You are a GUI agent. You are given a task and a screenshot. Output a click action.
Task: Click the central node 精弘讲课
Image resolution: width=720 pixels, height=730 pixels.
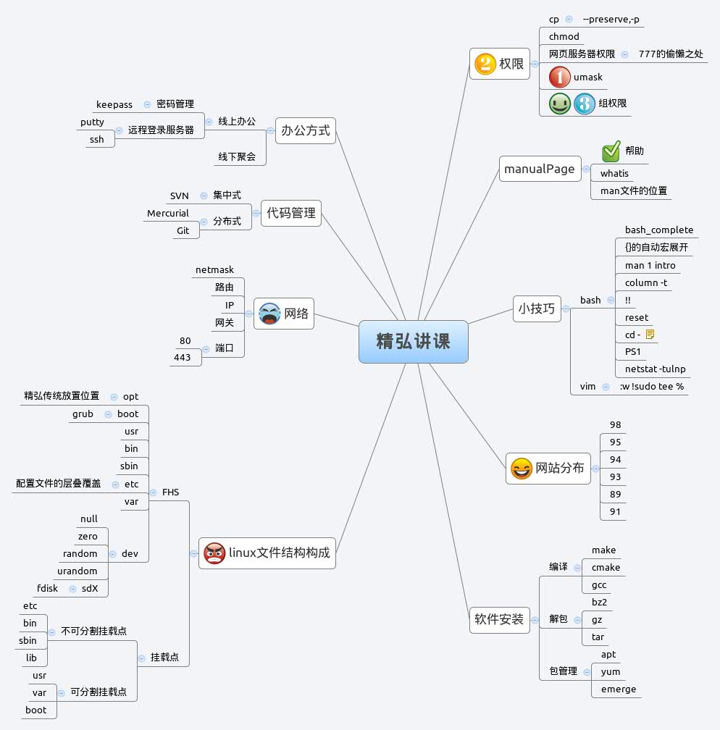[x=413, y=342]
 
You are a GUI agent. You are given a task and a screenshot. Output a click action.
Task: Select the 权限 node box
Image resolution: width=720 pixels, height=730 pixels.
[x=500, y=64]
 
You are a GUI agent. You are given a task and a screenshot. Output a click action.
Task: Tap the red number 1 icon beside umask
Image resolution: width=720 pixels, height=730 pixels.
[x=560, y=77]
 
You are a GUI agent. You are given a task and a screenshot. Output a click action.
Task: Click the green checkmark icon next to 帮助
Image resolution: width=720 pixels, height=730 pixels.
[x=611, y=151]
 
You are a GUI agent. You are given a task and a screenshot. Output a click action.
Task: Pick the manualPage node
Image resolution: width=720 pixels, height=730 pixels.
[x=540, y=169]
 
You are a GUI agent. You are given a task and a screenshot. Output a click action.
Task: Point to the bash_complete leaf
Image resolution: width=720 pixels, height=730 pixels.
[x=658, y=230]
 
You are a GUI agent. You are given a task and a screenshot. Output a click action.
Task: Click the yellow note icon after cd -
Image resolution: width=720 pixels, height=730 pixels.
[x=650, y=335]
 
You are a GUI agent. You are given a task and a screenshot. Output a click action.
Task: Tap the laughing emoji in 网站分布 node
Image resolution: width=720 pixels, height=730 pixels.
[x=520, y=469]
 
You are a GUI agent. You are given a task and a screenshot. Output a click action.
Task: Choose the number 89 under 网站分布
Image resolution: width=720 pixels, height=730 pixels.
[x=615, y=494]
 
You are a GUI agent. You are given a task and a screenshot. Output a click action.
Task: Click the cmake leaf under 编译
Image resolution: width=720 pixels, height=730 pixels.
[x=606, y=567]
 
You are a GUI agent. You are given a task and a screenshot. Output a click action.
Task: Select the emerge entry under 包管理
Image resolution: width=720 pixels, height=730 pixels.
[x=618, y=689]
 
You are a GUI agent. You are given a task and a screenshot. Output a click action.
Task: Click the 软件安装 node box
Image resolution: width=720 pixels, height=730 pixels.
[x=499, y=620]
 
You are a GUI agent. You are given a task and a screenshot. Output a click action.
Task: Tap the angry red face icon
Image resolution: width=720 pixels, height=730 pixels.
[x=214, y=553]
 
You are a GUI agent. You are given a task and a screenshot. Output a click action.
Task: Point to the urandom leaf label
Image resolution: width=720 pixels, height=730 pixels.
[x=77, y=571]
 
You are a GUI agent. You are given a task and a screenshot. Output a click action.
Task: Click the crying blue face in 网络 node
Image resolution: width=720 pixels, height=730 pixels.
[x=269, y=314]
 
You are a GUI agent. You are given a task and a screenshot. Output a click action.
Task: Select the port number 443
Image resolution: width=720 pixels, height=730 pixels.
[x=183, y=357]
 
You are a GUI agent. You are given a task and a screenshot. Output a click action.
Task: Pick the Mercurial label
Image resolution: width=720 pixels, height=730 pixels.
[x=167, y=213]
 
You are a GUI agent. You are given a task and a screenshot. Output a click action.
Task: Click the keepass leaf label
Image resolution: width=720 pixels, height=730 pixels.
[x=114, y=104]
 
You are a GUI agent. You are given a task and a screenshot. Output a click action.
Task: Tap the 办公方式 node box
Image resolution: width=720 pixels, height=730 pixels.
[x=305, y=131]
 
